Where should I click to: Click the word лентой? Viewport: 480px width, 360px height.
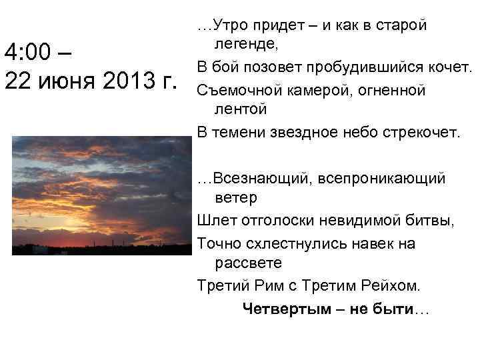[x=241, y=108]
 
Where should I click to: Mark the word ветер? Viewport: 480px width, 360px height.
[x=235, y=198]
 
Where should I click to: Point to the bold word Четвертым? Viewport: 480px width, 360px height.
[x=277, y=309]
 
